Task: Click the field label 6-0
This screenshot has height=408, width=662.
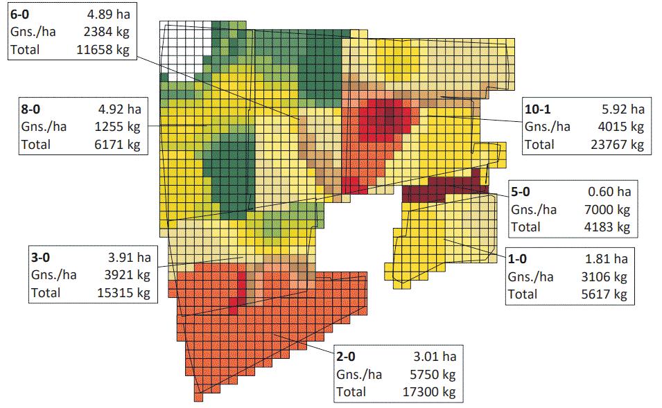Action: click(19, 15)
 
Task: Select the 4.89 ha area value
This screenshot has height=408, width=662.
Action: click(109, 15)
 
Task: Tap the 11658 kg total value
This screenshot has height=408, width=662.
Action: click(103, 50)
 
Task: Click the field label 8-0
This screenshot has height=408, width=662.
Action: click(31, 109)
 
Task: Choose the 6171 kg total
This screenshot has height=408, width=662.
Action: click(117, 145)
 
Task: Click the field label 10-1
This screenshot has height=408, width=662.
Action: click(537, 109)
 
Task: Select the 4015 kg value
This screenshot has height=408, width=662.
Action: click(620, 127)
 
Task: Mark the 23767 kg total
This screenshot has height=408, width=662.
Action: click(617, 145)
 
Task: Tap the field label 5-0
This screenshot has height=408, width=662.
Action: click(520, 192)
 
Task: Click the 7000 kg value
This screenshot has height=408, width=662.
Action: click(607, 209)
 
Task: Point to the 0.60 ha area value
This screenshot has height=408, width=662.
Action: click(609, 192)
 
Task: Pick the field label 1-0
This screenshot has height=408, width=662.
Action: click(517, 258)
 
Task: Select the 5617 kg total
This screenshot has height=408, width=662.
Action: click(604, 294)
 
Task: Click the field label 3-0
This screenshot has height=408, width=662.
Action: click(40, 258)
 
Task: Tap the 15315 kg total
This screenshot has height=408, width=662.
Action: click(123, 293)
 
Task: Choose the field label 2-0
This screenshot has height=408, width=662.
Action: click(346, 357)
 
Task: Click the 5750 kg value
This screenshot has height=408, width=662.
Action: click(433, 374)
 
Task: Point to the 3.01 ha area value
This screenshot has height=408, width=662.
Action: click(435, 357)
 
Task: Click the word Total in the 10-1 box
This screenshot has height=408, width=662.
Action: click(539, 145)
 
